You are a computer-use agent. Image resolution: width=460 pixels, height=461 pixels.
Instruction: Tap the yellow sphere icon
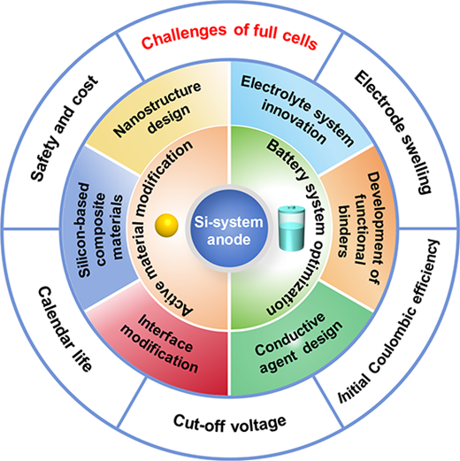166,226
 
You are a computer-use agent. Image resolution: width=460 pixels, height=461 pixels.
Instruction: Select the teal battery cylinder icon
292,228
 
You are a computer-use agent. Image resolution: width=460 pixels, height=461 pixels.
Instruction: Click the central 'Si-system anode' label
229,231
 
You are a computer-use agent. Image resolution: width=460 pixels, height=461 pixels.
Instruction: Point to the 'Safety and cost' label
65,128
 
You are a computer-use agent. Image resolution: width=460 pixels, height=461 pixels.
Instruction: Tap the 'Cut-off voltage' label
230,423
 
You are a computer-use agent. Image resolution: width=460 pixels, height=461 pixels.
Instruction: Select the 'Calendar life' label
65,329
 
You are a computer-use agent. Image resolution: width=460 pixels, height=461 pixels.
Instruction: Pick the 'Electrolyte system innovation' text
297,110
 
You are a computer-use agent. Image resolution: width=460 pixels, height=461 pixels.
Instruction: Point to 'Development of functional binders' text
359,229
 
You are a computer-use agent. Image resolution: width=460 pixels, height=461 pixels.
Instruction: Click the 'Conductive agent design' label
299,343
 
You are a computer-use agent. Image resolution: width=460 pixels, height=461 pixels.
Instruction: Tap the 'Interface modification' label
159,343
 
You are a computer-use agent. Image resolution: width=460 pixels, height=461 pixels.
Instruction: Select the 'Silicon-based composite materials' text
101,230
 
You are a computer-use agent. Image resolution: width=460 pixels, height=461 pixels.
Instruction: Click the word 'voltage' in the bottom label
258,424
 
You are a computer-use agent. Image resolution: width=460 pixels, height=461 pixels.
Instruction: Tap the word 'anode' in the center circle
229,239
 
